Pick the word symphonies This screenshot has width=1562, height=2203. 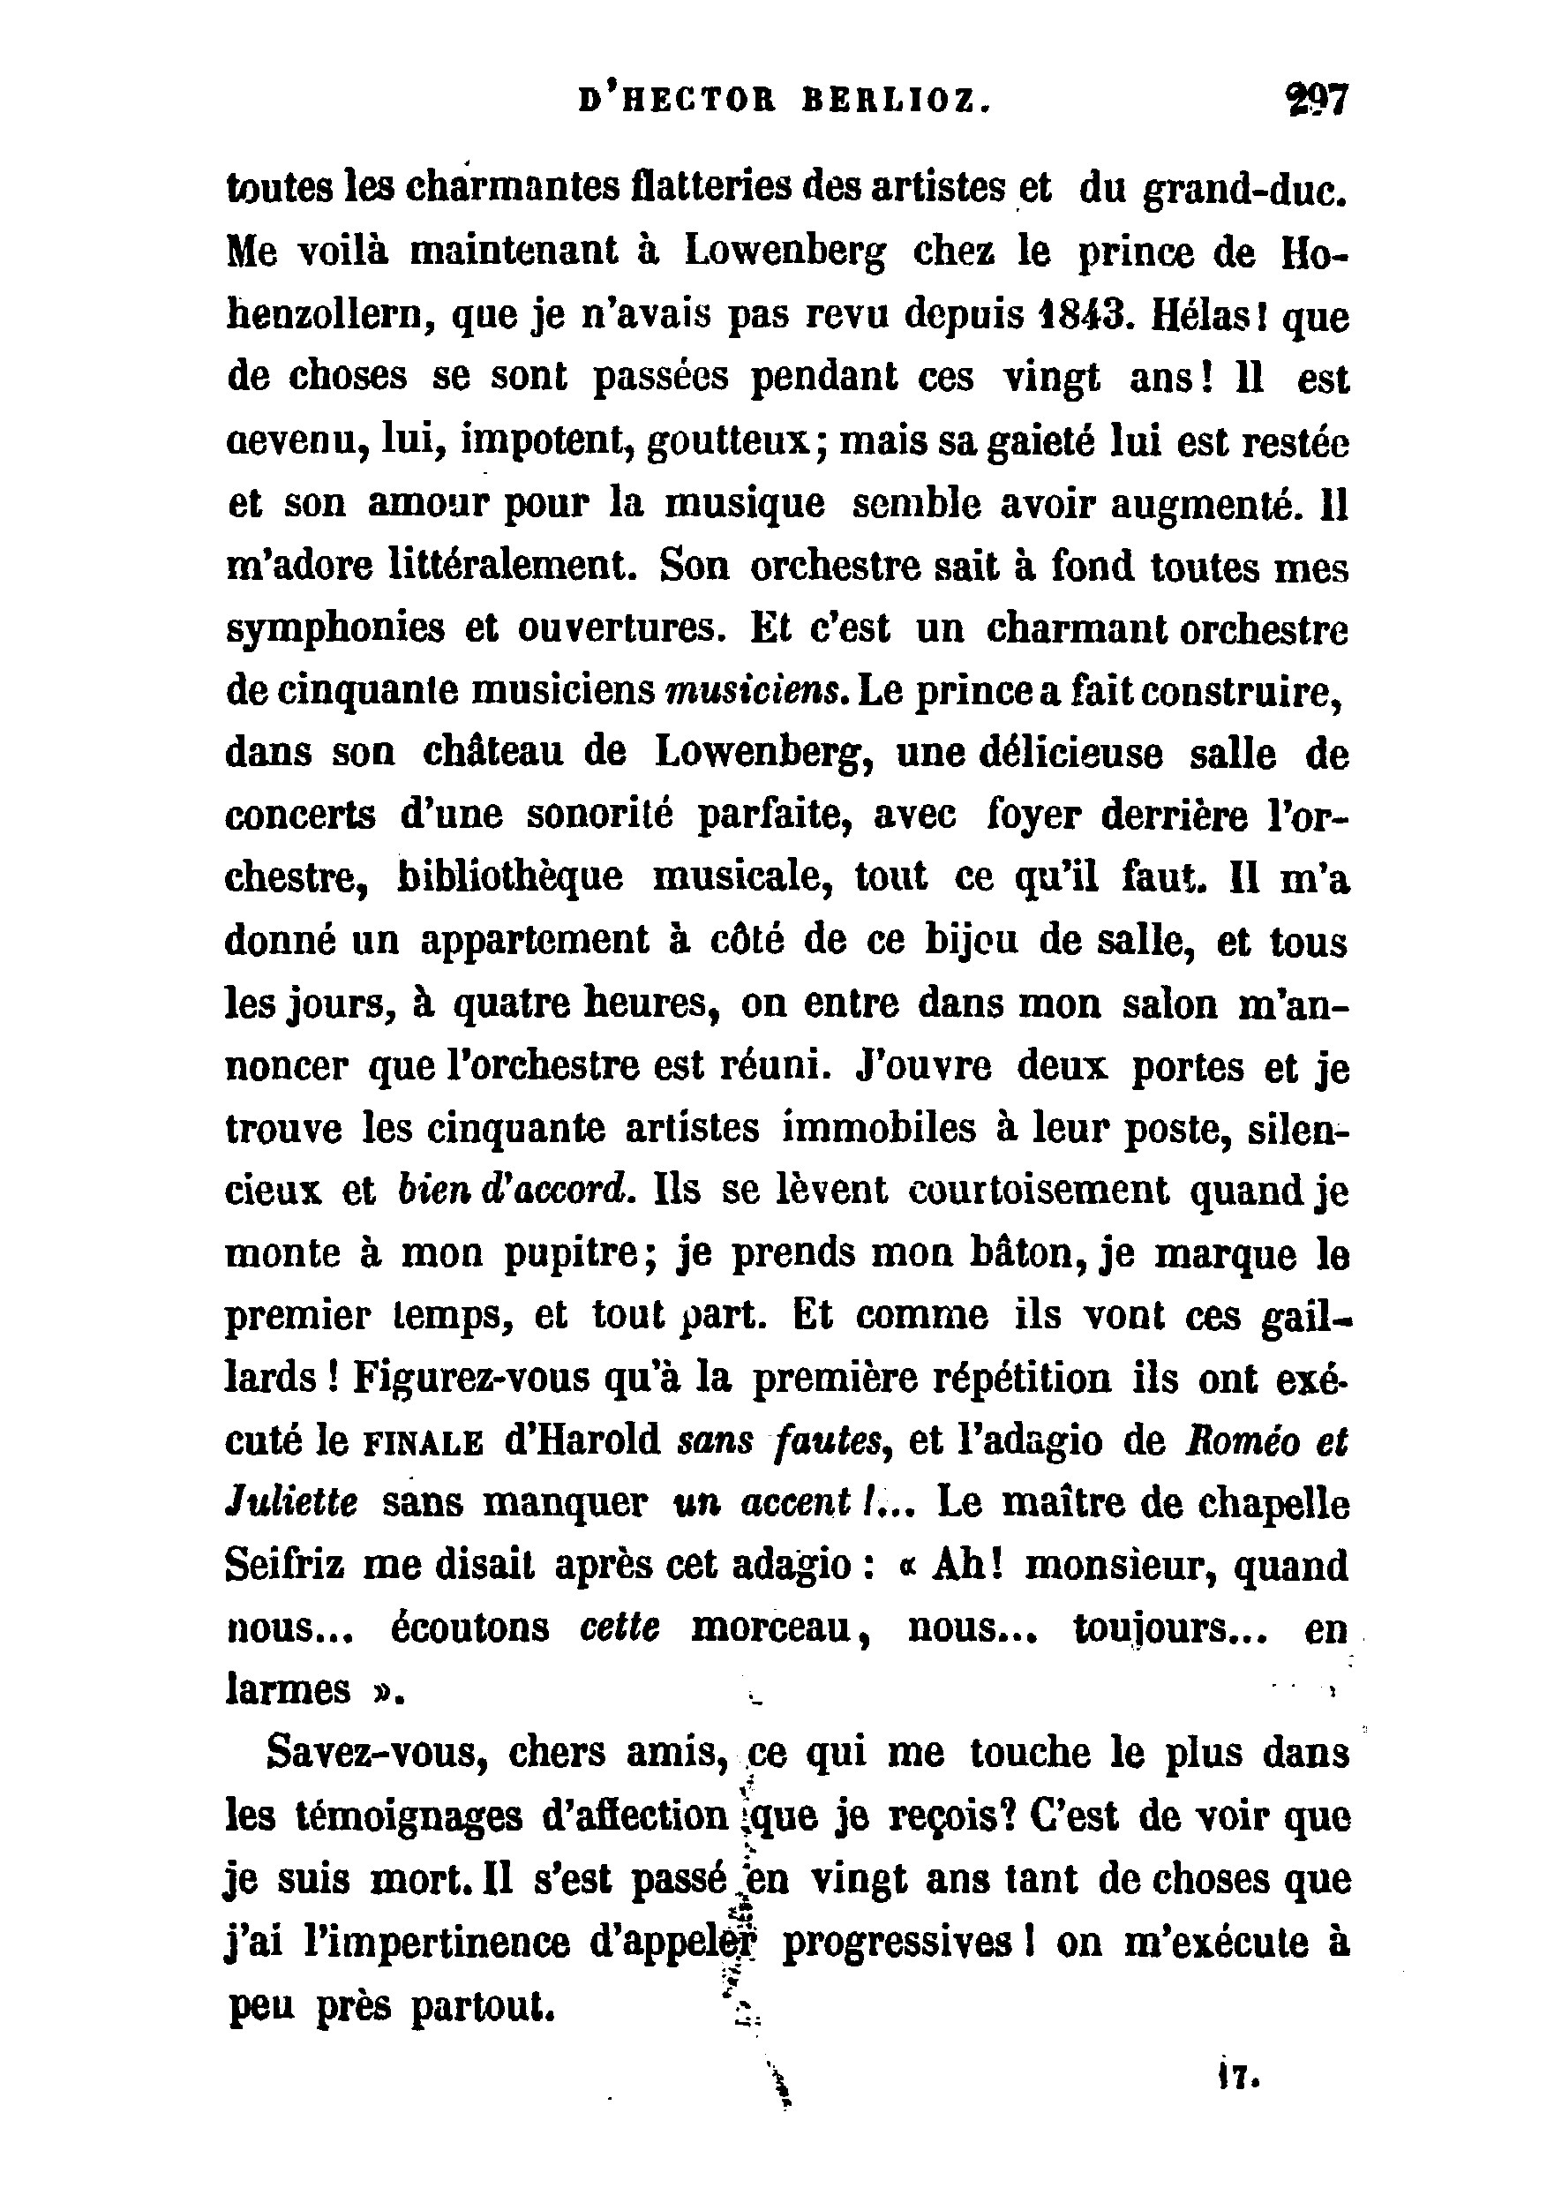[x=335, y=630]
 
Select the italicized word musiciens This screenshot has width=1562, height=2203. [x=756, y=693]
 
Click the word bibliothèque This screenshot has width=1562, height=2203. [x=510, y=877]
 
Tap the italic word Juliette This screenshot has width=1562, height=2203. [x=291, y=1503]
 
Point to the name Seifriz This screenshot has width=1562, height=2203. [x=284, y=1565]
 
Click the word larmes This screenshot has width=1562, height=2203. [x=289, y=1691]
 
